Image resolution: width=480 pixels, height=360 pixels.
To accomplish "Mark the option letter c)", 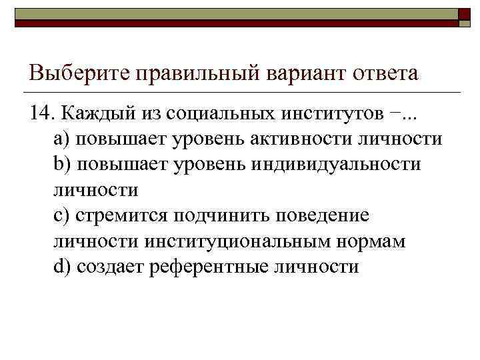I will coord(61,216).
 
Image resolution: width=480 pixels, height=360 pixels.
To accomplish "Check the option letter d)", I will coord(61,267).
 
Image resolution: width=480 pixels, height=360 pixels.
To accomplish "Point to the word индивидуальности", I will coord(337,165).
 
